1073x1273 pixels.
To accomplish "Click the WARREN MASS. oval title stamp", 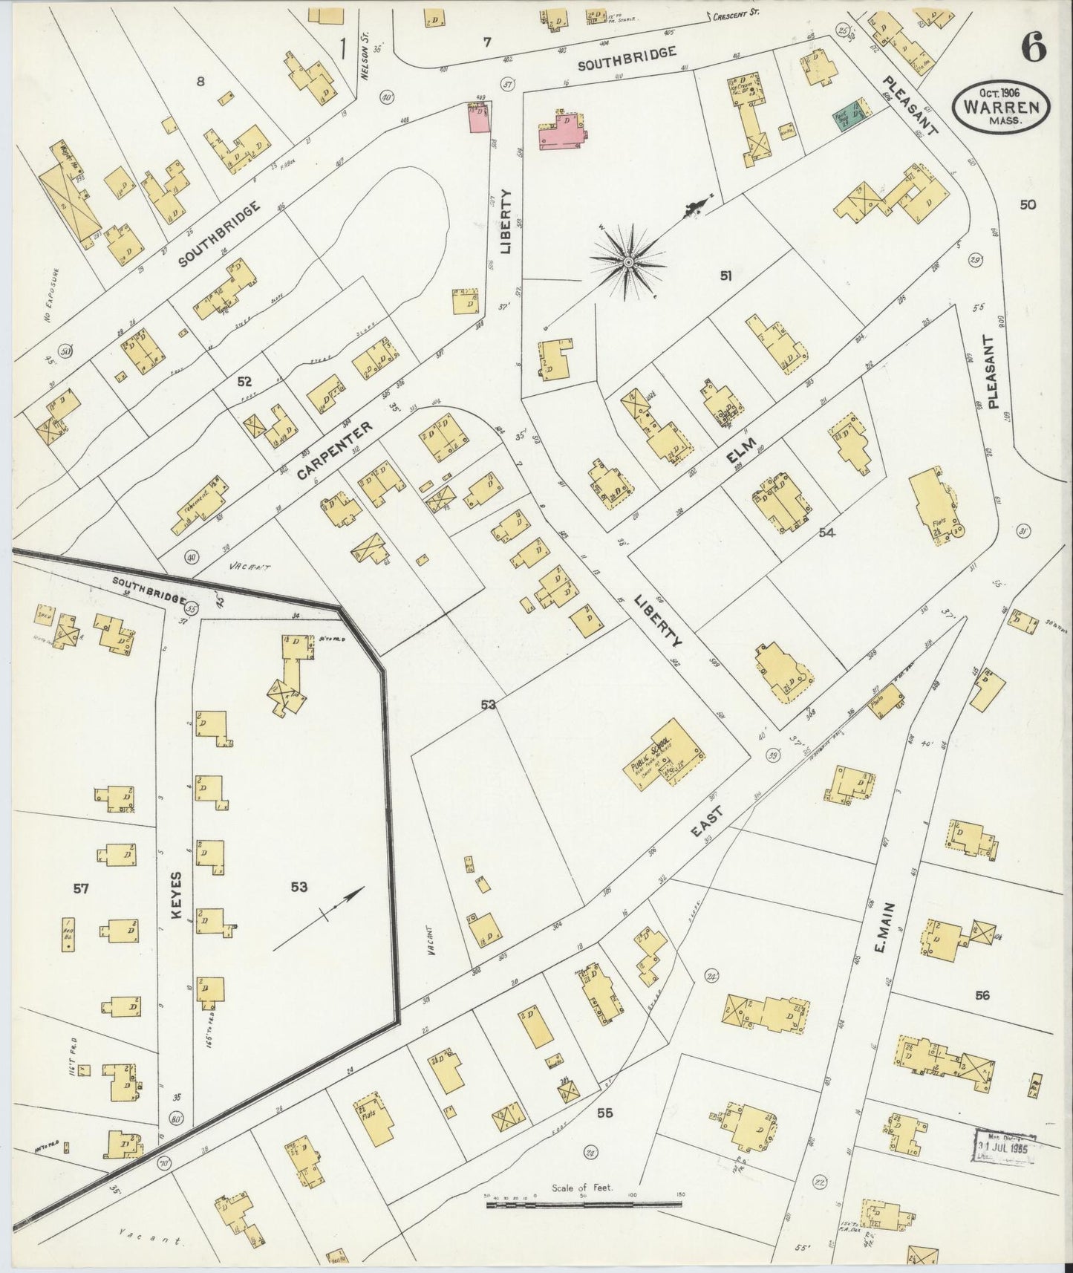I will (x=1002, y=108).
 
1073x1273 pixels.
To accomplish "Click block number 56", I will (x=982, y=996).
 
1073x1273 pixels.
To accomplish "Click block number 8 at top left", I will (x=200, y=82).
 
